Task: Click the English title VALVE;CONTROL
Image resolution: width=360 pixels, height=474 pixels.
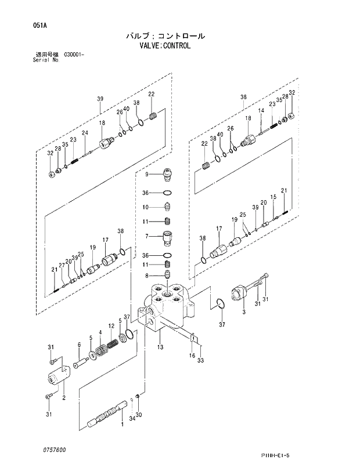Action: point(165,46)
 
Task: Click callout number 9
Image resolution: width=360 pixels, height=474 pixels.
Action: point(147,173)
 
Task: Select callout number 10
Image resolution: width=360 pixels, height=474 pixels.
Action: point(146,207)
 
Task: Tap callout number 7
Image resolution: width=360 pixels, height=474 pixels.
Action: point(147,236)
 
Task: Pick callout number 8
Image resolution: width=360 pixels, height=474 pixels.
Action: point(147,276)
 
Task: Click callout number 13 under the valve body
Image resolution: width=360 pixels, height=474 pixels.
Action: point(160,348)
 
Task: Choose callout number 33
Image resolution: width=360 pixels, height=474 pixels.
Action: point(200,361)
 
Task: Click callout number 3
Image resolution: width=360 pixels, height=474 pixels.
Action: point(244,313)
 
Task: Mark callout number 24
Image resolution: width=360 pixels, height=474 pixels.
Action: point(84,133)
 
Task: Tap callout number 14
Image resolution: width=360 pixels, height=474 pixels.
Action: point(261,110)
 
